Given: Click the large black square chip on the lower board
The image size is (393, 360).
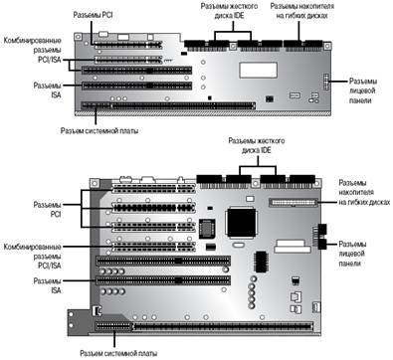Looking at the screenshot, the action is [x=241, y=222].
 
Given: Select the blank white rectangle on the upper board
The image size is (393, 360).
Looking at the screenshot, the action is [x=259, y=70].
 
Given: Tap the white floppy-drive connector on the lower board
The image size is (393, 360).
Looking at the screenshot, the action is [x=294, y=202].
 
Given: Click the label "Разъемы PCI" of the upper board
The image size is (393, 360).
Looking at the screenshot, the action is [x=93, y=15].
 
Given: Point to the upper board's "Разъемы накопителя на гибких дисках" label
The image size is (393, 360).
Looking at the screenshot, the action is [x=302, y=11].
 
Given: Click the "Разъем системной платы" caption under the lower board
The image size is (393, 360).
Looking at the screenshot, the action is [x=118, y=353].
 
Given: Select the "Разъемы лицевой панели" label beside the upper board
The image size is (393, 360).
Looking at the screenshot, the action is [x=363, y=90].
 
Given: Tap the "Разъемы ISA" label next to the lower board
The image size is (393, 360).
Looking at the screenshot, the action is [x=48, y=285].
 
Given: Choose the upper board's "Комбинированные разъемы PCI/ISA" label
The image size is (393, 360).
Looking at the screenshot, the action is [x=33, y=50].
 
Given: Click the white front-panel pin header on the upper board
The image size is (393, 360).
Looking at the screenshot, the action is [x=326, y=83].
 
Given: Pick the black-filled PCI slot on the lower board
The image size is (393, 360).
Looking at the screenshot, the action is [x=153, y=208].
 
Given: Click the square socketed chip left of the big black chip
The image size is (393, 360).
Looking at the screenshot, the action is [x=207, y=229].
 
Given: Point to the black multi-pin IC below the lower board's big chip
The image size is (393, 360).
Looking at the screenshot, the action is [x=262, y=262].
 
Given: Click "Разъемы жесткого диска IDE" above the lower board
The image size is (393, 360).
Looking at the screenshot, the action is [x=257, y=145].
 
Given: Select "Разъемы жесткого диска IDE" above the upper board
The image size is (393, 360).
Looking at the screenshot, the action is [x=229, y=11].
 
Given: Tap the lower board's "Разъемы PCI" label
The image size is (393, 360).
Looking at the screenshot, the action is [x=48, y=209].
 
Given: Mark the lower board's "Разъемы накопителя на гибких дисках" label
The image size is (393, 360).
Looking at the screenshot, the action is [x=364, y=192].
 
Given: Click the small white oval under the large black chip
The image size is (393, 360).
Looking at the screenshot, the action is [x=239, y=246].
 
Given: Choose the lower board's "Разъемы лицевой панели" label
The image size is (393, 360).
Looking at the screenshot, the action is [x=352, y=254].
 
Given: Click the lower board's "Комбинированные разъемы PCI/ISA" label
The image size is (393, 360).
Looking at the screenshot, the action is [x=33, y=257].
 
